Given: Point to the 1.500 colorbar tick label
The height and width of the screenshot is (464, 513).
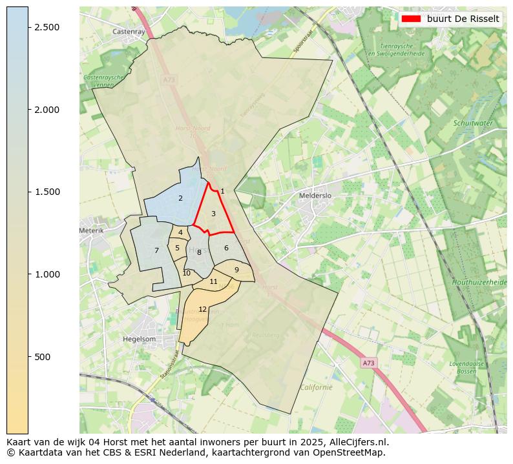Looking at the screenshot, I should click(x=46, y=192).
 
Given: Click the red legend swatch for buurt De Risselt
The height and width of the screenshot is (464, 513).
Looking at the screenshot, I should click(x=411, y=19).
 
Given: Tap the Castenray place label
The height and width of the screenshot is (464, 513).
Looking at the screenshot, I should click(x=129, y=31).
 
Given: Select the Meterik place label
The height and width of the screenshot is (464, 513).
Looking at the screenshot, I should click(x=91, y=230).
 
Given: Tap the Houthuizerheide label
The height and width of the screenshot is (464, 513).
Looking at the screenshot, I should click(x=480, y=283).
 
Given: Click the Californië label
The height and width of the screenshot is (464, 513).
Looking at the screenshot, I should click(x=316, y=387).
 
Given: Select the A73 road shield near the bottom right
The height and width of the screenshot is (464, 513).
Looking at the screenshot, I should click(x=368, y=363).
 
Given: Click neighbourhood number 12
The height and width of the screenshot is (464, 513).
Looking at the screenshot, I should click(x=202, y=310).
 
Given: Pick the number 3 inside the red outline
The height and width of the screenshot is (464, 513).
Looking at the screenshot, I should click(x=213, y=214).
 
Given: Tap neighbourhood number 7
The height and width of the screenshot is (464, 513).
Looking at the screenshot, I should click(x=156, y=250).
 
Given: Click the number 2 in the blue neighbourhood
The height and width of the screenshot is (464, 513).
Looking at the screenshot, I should click(x=180, y=198).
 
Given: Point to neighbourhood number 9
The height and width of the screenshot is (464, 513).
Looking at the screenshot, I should click(x=236, y=270).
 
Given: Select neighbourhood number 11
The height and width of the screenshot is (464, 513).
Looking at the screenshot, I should click(x=213, y=281).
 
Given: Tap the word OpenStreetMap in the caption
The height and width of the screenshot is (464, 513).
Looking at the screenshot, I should click(x=349, y=452).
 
